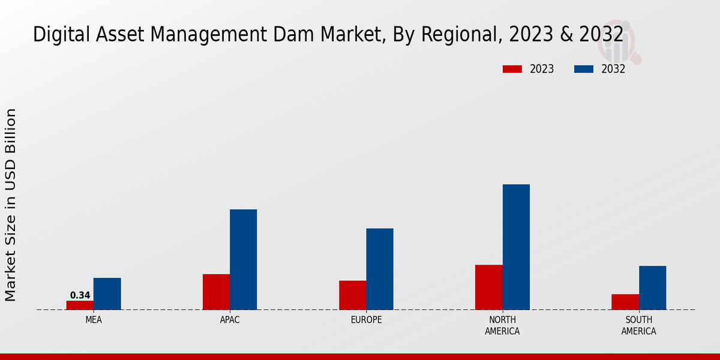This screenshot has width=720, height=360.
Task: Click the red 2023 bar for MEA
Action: (x=80, y=305)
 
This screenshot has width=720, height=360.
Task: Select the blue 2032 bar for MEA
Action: (x=107, y=294)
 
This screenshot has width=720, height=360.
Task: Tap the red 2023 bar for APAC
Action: (x=216, y=292)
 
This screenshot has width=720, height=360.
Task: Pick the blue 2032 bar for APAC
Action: (x=243, y=260)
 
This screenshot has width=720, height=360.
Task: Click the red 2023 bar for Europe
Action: (x=352, y=295)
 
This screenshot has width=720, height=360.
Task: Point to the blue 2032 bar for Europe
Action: (x=380, y=269)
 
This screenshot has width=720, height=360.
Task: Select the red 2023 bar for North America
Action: (x=488, y=287)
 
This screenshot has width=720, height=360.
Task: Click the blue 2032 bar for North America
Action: (x=516, y=247)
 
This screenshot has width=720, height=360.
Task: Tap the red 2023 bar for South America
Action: (x=625, y=302)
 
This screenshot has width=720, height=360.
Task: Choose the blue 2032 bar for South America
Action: (x=652, y=288)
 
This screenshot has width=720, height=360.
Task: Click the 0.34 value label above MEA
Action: (x=80, y=295)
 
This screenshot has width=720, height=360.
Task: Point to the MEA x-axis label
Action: (x=94, y=320)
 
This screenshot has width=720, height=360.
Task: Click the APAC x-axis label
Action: (x=230, y=320)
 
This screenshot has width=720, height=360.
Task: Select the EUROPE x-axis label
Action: (x=366, y=320)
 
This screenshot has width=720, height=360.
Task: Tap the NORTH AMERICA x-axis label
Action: (x=502, y=325)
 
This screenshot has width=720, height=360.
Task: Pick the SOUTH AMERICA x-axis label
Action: (x=638, y=325)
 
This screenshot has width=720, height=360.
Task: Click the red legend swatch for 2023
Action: (x=512, y=69)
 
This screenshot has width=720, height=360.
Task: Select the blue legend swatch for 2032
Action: (x=584, y=69)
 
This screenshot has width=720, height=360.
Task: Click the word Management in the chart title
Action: (x=176, y=35)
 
